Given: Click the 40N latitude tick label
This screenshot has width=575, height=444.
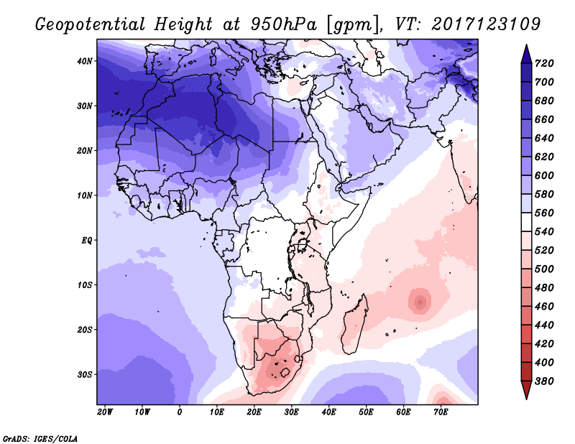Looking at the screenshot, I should (85, 61).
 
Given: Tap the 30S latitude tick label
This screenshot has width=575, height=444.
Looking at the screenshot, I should (85, 374).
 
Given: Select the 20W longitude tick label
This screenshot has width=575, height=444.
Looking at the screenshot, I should (105, 412).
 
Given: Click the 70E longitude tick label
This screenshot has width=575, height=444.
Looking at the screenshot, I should (441, 412).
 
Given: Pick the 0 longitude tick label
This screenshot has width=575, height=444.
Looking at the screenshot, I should (180, 412).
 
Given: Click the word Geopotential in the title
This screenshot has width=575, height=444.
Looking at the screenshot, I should (89, 24).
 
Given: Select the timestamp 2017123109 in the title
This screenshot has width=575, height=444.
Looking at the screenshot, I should (486, 24).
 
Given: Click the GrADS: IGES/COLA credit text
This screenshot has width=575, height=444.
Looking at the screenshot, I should (40, 437).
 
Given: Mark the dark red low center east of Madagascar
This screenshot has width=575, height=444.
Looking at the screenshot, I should (419, 301).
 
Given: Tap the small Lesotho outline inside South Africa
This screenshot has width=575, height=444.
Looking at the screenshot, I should (286, 373).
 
